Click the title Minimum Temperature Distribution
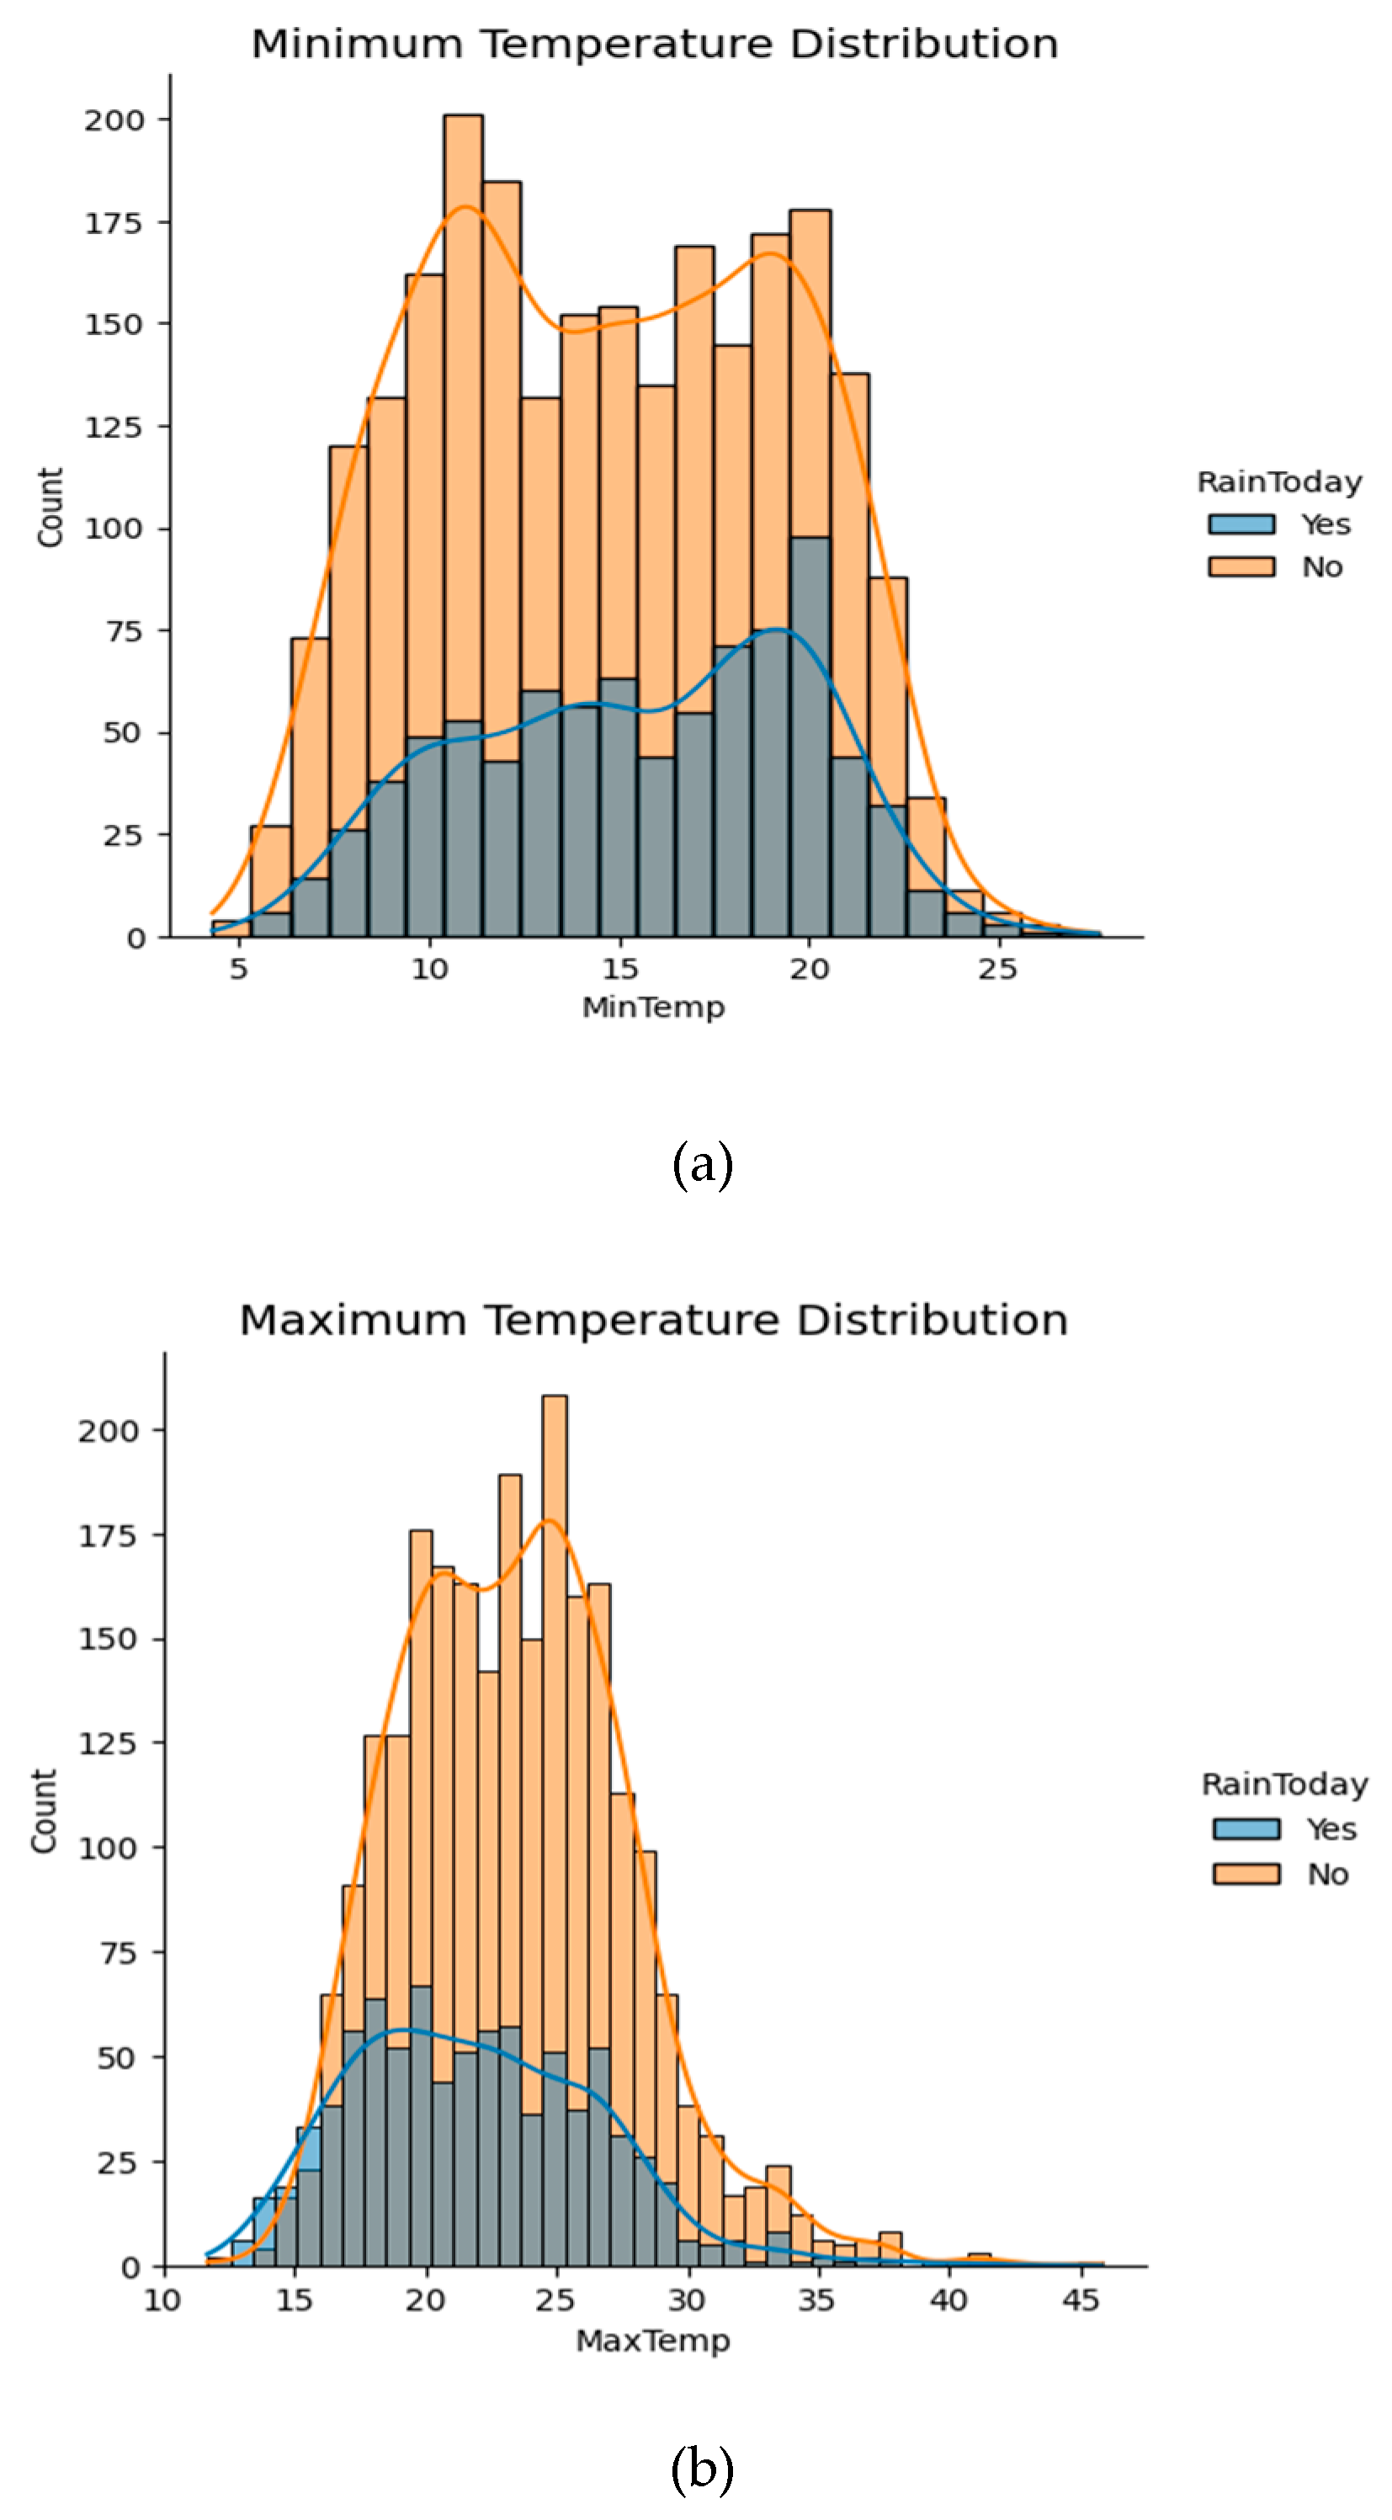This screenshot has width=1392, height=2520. pyautogui.click(x=655, y=44)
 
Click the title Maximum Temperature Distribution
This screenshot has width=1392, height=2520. pyautogui.click(x=653, y=1320)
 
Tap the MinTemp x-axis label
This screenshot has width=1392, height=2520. pyautogui.click(x=653, y=1007)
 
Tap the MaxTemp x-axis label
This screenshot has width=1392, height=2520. pyautogui.click(x=652, y=2341)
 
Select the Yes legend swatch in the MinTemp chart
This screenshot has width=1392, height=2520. pyautogui.click(x=1241, y=524)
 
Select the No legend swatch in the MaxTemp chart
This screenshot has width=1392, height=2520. pyautogui.click(x=1246, y=1874)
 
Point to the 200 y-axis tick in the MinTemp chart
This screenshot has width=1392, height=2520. pyautogui.click(x=114, y=120)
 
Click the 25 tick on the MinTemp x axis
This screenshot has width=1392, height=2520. pyautogui.click(x=998, y=970)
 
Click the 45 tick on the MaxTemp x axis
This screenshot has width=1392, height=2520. pyautogui.click(x=1080, y=2299)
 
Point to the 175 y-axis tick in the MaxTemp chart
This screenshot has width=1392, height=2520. pyautogui.click(x=108, y=1536)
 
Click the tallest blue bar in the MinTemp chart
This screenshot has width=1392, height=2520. pyautogui.click(x=810, y=734)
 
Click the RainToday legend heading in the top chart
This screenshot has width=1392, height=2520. pyautogui.click(x=1278, y=482)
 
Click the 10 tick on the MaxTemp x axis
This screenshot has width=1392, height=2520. pyautogui.click(x=162, y=2299)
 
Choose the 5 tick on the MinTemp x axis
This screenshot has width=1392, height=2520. pyautogui.click(x=239, y=970)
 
